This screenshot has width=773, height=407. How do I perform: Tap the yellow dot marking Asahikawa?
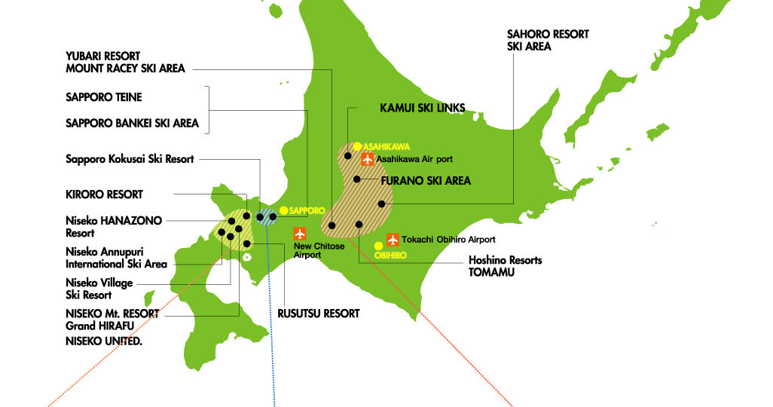[x=357, y=146]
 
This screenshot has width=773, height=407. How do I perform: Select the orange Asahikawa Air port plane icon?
[x=367, y=159]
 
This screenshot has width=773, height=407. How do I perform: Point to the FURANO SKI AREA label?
[x=426, y=181]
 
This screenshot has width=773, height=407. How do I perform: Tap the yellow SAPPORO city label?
[x=307, y=211]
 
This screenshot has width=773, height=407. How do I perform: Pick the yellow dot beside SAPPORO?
[x=283, y=211]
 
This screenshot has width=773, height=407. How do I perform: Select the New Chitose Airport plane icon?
[x=300, y=234]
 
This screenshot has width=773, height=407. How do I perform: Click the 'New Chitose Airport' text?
[x=319, y=250]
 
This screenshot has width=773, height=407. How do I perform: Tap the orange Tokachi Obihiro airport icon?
[x=393, y=240]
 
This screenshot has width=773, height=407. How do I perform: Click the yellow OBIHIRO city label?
[x=390, y=256]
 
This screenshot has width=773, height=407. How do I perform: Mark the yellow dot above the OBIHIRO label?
[x=378, y=246]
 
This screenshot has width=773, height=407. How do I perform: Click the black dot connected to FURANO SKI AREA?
[x=357, y=179]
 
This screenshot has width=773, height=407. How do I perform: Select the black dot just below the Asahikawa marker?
[x=348, y=156]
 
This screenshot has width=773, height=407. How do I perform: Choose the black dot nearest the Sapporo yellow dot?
[x=273, y=217]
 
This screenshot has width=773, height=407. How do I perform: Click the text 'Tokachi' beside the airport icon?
[x=417, y=240]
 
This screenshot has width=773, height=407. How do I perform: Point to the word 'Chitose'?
[x=329, y=246]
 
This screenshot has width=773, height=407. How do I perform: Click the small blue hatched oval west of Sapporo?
[x=266, y=217]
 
